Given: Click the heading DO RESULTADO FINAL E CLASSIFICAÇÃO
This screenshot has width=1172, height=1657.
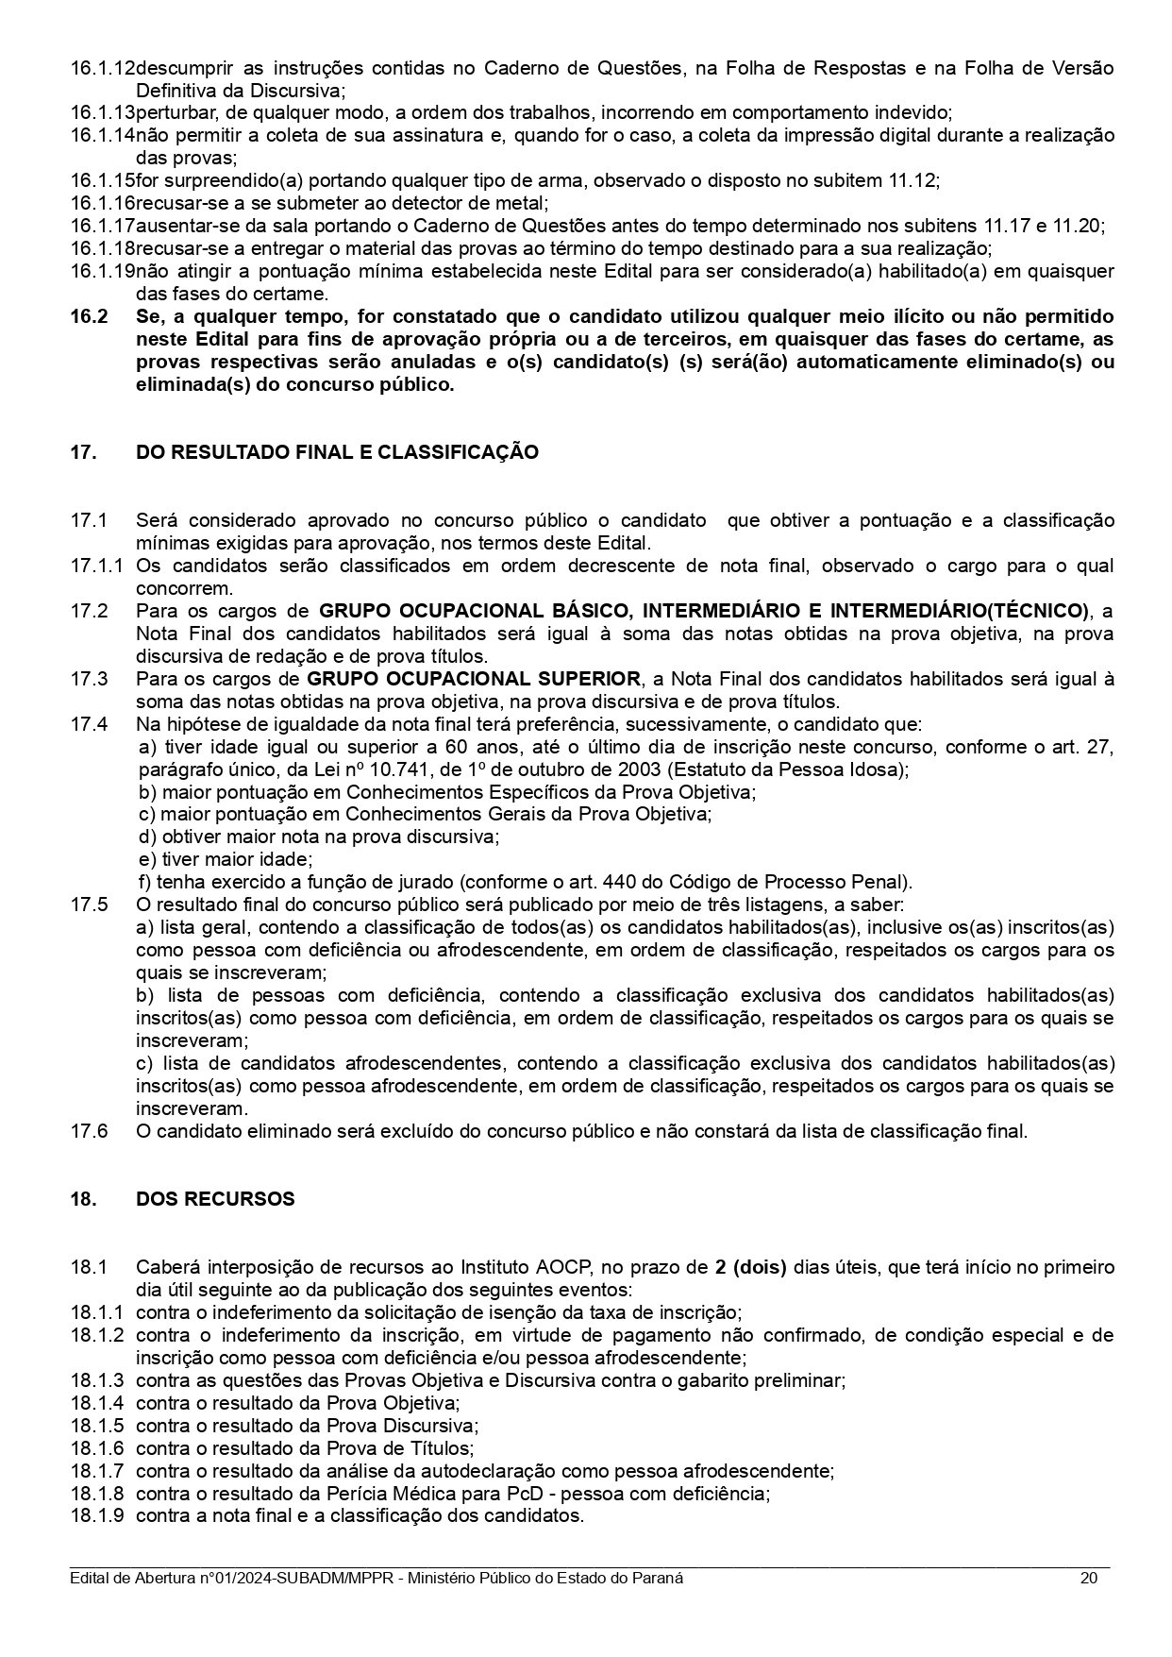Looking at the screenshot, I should click(x=337, y=452).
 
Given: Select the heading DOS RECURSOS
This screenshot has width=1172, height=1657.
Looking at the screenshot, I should click(x=215, y=1199).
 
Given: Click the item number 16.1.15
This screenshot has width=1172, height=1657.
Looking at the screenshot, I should click(x=102, y=180).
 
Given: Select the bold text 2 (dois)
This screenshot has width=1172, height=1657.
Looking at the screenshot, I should click(x=750, y=1267).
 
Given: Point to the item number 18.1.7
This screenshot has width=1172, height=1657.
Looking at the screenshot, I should click(x=97, y=1471).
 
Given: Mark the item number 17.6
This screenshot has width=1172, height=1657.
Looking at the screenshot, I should click(x=89, y=1131).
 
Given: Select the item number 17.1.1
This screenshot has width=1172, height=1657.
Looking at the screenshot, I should click(x=97, y=566).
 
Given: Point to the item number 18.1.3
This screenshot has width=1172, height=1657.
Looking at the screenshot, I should click(x=97, y=1380).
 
